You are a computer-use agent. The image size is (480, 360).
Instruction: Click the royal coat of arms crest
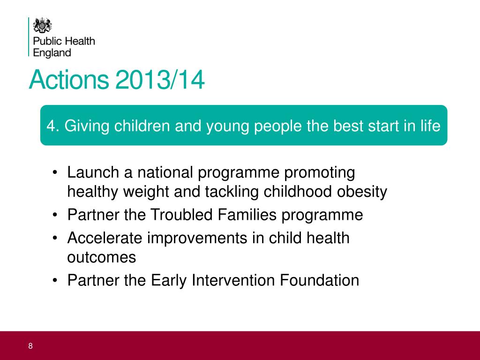point(42,25)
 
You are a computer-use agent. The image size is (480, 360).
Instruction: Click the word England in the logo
point(52,52)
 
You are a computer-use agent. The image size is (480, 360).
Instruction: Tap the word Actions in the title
point(69,80)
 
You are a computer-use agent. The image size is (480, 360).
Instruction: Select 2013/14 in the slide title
point(160,80)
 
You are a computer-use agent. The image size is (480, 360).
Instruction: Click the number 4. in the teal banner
point(52,126)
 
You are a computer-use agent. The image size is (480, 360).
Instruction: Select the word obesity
point(362,192)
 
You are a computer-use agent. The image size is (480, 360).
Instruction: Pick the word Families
point(247,215)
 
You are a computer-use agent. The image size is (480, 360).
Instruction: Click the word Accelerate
point(105,238)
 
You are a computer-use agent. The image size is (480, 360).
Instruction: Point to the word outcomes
point(102,257)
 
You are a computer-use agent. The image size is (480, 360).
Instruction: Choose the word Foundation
point(320,280)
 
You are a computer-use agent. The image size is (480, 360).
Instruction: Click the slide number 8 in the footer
point(30,346)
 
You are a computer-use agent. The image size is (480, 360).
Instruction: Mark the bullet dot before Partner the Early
point(55,280)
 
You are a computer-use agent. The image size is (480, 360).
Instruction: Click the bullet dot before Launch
point(55,172)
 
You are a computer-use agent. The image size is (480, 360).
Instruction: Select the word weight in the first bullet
point(146,192)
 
